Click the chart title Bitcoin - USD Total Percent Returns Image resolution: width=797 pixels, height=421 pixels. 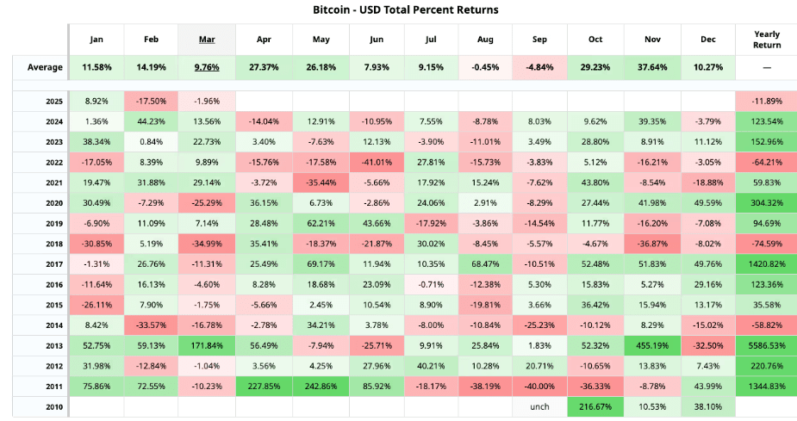point(398,9)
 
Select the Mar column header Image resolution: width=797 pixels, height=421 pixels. point(207,40)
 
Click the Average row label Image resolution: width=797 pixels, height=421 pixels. point(44,67)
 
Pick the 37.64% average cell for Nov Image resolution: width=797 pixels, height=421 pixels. point(652,67)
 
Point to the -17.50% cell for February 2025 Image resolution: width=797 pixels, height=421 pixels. point(151,102)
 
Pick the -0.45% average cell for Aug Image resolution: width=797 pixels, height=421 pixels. point(484,67)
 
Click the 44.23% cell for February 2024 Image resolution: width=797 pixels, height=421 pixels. point(151,121)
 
